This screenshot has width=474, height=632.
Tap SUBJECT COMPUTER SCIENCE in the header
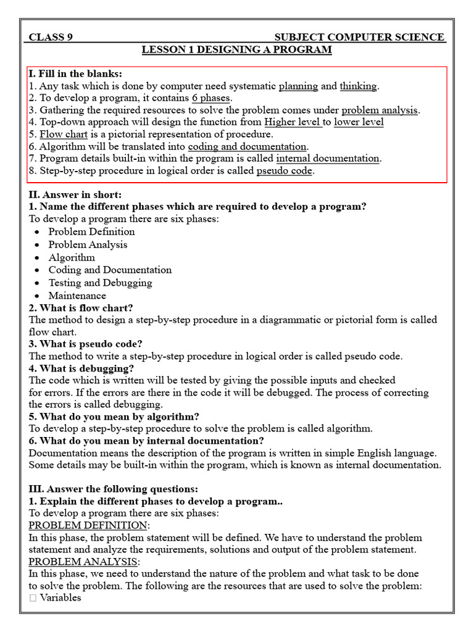[359, 37]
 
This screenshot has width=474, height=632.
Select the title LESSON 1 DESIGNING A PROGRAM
[237, 49]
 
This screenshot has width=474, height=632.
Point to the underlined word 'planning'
[298, 86]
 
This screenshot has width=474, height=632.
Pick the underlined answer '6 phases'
[211, 98]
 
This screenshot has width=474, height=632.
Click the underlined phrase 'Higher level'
[293, 122]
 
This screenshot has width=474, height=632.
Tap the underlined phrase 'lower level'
[359, 122]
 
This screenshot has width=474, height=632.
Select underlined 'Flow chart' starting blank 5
[64, 134]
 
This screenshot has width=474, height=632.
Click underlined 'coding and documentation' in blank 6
[247, 146]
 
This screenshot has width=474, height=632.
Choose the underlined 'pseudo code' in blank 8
[285, 171]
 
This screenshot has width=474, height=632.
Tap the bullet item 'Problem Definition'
[91, 232]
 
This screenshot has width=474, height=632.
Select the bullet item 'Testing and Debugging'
[100, 283]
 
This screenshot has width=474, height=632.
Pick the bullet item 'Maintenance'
[77, 296]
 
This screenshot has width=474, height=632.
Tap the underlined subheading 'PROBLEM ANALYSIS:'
[85, 562]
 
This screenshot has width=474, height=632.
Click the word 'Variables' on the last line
[60, 598]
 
